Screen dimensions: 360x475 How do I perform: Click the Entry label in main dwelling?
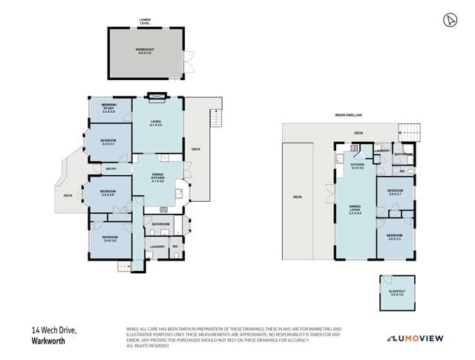[111, 168]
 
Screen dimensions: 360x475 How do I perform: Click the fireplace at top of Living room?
[157, 95]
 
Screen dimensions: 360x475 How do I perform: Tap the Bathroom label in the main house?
[161, 224]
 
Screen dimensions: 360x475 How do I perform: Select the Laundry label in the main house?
[157, 247]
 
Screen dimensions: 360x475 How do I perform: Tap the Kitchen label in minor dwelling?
[357, 167]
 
